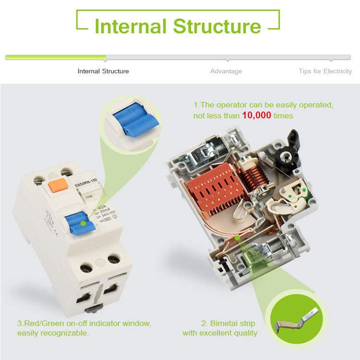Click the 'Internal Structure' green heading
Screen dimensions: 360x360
coord(178,25)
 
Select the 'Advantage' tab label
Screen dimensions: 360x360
coord(226,71)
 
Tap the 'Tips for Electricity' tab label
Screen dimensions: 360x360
coord(325,71)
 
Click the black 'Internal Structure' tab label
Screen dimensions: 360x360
coord(103,71)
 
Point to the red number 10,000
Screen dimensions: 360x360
coord(257,116)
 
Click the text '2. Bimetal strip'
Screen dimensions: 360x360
coord(228,323)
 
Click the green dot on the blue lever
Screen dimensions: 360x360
coord(84,223)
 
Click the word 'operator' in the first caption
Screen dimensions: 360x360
coord(232,104)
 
